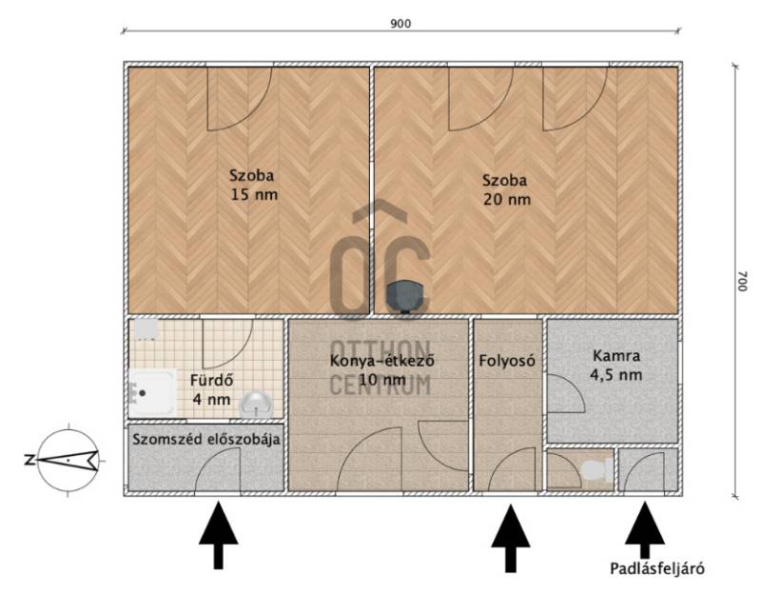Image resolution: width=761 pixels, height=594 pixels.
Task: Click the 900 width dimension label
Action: (x=400, y=24)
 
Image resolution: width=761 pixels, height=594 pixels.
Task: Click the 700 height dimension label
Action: (x=741, y=281)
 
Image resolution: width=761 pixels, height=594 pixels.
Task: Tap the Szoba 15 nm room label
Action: (x=253, y=185)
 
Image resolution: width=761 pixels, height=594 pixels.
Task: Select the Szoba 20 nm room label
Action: (x=506, y=189)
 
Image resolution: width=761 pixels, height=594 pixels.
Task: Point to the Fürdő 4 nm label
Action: (x=211, y=389)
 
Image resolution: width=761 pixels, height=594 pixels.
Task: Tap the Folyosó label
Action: (x=507, y=361)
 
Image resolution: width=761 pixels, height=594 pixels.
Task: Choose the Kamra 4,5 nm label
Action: (x=615, y=366)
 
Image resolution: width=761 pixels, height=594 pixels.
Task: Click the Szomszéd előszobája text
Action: (x=206, y=439)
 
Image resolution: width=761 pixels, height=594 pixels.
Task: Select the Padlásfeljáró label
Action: (x=657, y=568)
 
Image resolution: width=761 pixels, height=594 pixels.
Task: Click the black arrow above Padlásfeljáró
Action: (x=645, y=530)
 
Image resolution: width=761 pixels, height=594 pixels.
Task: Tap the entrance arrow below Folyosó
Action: (x=510, y=539)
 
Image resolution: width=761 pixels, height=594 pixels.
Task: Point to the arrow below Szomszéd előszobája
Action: (x=219, y=535)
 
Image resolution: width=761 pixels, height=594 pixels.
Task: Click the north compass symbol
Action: (x=68, y=460)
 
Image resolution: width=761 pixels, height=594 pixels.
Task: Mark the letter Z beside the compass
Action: (x=29, y=460)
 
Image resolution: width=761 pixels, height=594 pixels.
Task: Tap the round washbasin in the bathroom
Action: (x=256, y=405)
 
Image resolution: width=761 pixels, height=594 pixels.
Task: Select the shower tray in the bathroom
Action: (x=152, y=392)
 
